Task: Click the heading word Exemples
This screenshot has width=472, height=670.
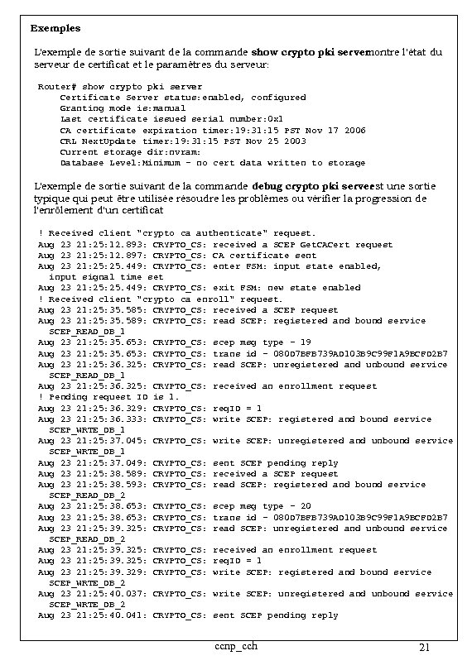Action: [x=55, y=28]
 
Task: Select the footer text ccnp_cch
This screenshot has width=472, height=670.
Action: [x=234, y=646]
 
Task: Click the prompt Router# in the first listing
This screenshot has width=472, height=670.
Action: [x=58, y=86]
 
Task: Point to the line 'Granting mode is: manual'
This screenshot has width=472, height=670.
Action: [x=123, y=108]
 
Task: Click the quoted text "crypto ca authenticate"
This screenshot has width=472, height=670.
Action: [x=204, y=233]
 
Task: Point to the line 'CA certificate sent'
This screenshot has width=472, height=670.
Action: [x=265, y=255]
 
